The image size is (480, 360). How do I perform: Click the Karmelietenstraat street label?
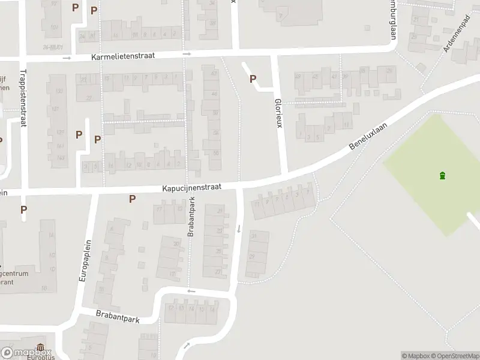(123, 56)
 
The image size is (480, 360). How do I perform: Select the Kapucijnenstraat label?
(191, 188)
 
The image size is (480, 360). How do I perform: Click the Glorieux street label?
(278, 112)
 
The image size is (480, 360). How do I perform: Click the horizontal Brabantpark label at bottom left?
(118, 316)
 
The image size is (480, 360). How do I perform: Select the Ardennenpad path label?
(455, 35)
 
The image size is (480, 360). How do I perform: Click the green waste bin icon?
(443, 175)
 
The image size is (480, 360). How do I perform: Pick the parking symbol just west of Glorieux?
(253, 79)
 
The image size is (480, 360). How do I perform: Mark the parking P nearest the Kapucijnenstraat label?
(132, 199)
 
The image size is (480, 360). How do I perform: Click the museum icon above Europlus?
(40, 347)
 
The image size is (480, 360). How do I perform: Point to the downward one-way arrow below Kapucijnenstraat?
(239, 229)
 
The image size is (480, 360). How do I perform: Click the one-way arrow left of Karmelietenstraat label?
(67, 58)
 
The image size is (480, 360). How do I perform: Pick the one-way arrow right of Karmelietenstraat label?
(187, 54)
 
